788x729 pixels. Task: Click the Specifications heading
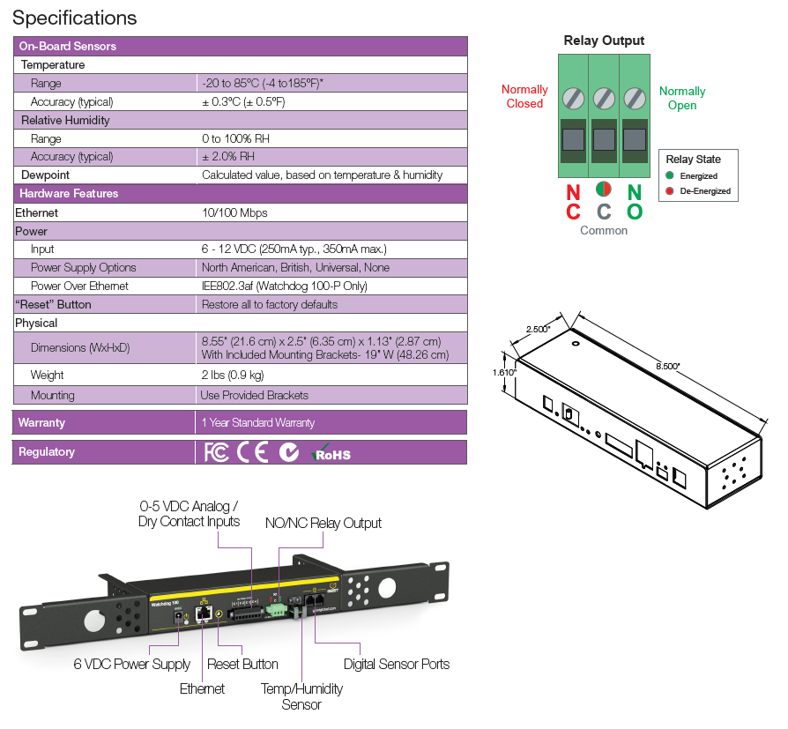click(x=75, y=18)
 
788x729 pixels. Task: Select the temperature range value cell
click(x=263, y=83)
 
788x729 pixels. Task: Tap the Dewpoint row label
click(x=46, y=175)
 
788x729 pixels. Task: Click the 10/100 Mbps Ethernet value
click(x=234, y=212)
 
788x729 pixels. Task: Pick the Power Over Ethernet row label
click(x=79, y=286)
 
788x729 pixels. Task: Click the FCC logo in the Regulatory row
click(x=216, y=452)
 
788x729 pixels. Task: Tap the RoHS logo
click(x=331, y=453)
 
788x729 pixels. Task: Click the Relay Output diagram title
click(x=604, y=41)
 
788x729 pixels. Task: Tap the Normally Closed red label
click(x=524, y=96)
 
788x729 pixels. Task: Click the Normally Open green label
click(x=682, y=98)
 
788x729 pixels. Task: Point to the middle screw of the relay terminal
click(x=604, y=96)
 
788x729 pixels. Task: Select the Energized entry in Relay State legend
click(x=699, y=176)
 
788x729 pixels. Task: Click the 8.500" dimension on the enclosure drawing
click(x=666, y=366)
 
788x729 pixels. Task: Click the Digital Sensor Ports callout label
click(x=397, y=664)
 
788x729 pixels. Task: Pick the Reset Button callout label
click(x=242, y=664)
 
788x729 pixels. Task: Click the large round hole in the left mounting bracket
click(x=93, y=620)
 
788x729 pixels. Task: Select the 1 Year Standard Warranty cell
click(x=258, y=422)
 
